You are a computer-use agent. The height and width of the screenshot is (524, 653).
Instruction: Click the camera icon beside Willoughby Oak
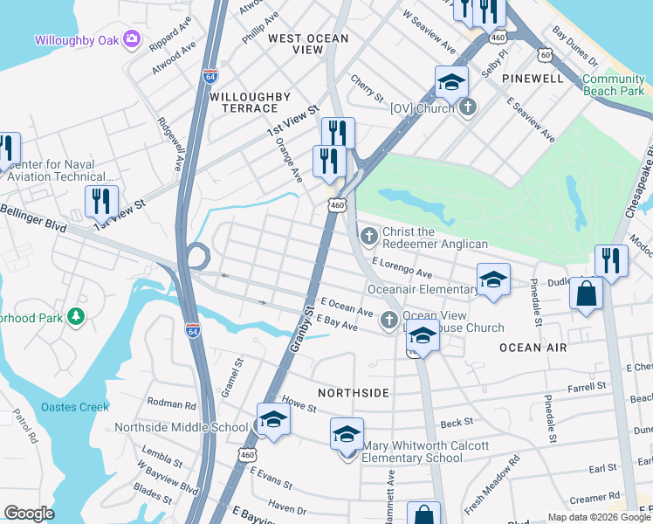tap(132, 38)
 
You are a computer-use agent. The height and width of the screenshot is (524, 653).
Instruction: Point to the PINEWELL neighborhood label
tap(533, 79)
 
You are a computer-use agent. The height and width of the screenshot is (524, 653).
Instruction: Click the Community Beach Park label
tap(613, 85)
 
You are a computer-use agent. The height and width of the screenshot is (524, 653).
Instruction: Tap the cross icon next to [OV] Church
tap(468, 107)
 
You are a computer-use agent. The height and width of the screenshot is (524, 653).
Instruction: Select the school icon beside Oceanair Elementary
tap(493, 280)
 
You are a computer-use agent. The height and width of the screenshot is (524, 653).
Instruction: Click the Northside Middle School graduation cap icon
tap(272, 420)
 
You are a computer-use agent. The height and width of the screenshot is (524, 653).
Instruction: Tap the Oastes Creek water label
tap(74, 406)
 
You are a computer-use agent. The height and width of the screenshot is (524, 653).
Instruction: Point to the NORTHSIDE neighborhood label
tap(353, 393)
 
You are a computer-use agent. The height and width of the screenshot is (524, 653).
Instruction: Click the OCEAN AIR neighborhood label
tap(533, 348)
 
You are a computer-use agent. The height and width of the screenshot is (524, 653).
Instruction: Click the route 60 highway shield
tap(546, 55)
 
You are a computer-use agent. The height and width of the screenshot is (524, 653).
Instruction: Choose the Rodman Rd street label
tap(172, 404)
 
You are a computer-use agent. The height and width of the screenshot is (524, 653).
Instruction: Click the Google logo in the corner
tap(29, 514)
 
